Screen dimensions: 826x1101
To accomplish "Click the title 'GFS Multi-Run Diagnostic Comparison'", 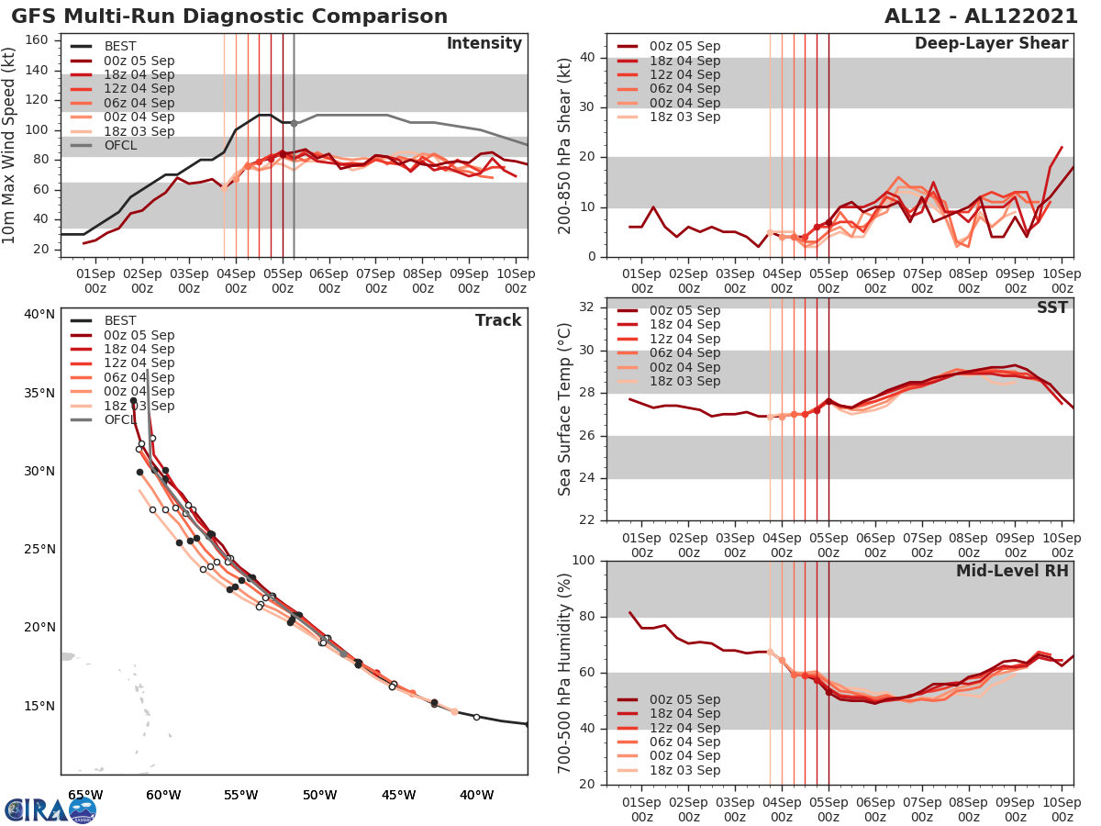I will coord(229,17).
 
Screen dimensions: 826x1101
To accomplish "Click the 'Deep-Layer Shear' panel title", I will coord(991,44).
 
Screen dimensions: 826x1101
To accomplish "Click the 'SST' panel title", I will coord(1052,307).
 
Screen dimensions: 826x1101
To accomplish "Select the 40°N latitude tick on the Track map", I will coord(39,314).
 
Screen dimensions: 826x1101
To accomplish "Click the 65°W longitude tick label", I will coord(84,795).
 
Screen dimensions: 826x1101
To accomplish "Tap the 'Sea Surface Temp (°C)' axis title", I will coord(565,409).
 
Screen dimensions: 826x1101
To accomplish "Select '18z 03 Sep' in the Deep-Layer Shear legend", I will coord(684,117).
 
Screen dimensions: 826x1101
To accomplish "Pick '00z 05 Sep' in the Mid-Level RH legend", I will coord(684,699).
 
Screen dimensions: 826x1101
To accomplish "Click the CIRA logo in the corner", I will coord(50,809).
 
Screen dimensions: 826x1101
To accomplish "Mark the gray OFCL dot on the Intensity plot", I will coord(294,123).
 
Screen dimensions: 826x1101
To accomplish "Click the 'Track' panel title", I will coord(497,320).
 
